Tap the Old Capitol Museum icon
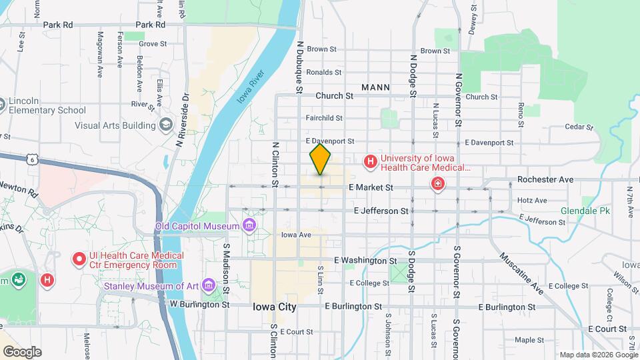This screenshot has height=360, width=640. [x=249, y=225]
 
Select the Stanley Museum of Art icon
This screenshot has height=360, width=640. [x=209, y=286]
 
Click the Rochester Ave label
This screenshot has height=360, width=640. [x=545, y=180]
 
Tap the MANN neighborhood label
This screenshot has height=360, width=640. [x=376, y=87]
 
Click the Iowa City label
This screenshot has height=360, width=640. [x=274, y=307]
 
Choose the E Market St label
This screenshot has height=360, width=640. [x=371, y=188]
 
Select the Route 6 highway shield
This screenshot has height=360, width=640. [x=31, y=159]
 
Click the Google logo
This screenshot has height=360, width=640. [x=21, y=351]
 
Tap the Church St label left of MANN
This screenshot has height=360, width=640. [x=334, y=96]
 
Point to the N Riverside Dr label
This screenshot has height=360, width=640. [x=183, y=119]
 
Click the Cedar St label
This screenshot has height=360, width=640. [x=579, y=127]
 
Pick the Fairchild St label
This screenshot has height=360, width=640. [x=324, y=118]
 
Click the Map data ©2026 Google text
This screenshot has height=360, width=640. [x=597, y=355]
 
